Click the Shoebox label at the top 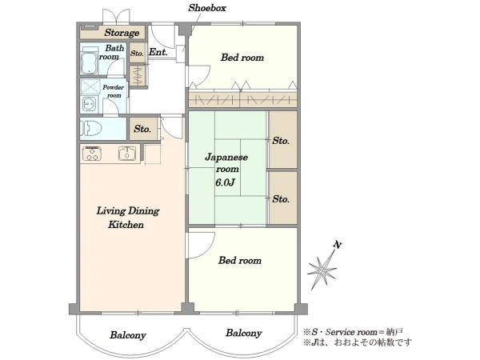point(207,8)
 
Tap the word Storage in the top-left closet point(122,33)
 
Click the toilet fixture point(91,128)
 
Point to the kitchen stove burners point(92,154)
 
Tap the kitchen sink point(127,154)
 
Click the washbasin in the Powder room point(89,104)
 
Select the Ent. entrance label point(158,52)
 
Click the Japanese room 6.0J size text point(225,182)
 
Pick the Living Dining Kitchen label point(127,218)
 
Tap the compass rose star point(322,270)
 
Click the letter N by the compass point(338,245)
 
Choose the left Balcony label point(128,335)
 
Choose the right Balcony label point(244,333)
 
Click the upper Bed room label point(242,58)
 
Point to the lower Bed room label point(240,261)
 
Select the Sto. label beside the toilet point(142,129)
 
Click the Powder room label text point(113,91)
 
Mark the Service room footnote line point(353,332)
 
